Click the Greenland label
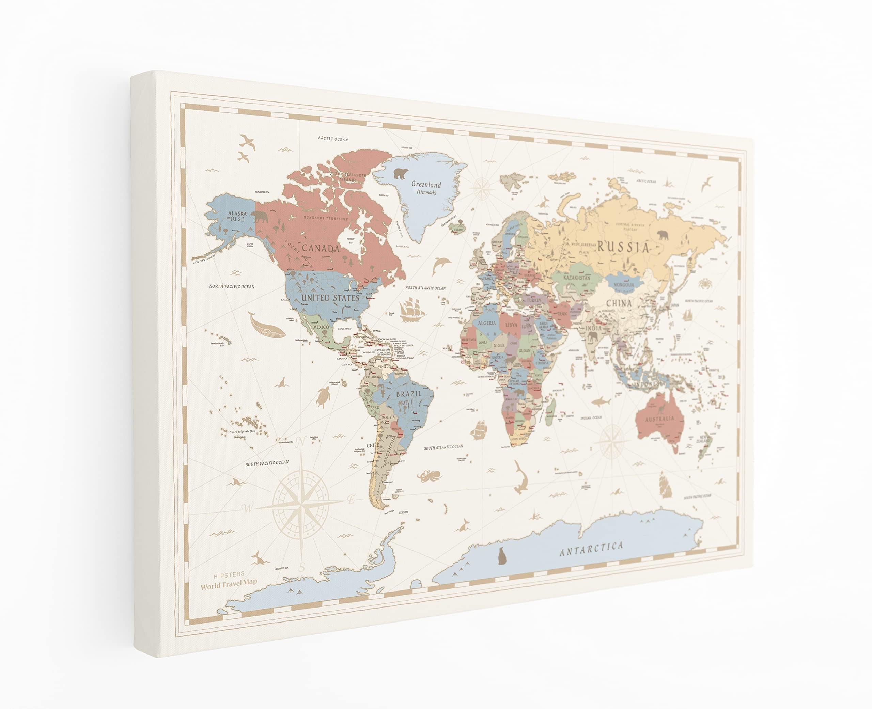point(426,185)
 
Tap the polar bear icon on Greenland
point(401,174)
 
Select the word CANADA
point(321,248)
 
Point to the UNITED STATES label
point(330,298)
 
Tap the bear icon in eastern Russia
point(662,235)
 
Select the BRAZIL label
point(408,394)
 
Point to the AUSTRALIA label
point(659,419)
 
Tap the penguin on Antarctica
point(501,556)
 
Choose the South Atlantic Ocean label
point(443,447)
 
